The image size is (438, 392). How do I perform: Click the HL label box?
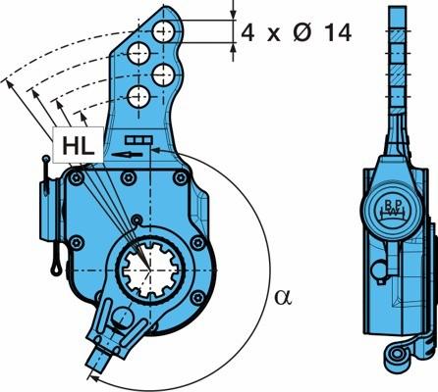tap(78, 145)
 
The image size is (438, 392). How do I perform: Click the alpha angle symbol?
tap(283, 297)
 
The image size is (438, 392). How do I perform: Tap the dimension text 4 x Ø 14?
tap(297, 32)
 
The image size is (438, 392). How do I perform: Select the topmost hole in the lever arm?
tap(163, 31)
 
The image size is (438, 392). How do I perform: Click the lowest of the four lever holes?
tap(138, 97)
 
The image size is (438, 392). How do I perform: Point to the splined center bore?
tap(150, 269)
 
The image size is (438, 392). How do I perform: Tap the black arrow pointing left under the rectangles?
tap(127, 154)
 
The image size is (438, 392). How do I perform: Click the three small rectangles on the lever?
tap(138, 140)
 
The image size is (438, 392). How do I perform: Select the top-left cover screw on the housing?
tap(77, 178)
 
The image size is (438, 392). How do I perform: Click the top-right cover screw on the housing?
tap(180, 178)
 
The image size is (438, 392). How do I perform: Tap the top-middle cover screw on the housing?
tap(128, 177)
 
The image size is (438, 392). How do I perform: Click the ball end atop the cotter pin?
tap(46, 159)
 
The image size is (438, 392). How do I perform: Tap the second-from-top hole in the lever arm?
tap(138, 53)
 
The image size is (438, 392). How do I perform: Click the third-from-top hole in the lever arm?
tap(163, 75)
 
